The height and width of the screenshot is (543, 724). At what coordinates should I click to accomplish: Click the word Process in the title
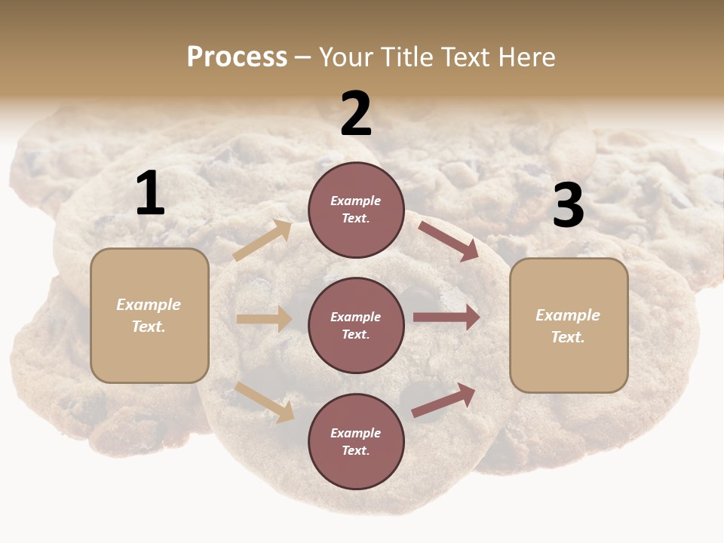(x=237, y=57)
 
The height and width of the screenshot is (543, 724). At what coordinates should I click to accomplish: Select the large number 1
(x=150, y=194)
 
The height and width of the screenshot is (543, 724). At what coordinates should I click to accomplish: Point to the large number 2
(x=356, y=114)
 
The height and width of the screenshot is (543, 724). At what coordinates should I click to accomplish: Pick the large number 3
(x=568, y=206)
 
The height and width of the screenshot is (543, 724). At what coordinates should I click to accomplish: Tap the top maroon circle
(x=356, y=210)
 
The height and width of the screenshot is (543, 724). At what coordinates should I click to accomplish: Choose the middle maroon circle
(x=356, y=325)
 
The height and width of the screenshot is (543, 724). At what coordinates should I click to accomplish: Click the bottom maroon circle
(x=356, y=441)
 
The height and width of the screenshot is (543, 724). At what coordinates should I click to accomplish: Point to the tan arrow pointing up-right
(x=262, y=241)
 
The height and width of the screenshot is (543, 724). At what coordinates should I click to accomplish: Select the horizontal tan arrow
(x=264, y=319)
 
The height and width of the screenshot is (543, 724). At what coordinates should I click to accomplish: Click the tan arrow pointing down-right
(x=265, y=401)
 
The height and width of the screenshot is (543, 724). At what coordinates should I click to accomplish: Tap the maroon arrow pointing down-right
(x=449, y=241)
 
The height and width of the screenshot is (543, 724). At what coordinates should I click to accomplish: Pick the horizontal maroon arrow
(x=446, y=318)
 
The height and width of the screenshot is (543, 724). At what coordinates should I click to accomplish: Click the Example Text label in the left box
(x=149, y=315)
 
